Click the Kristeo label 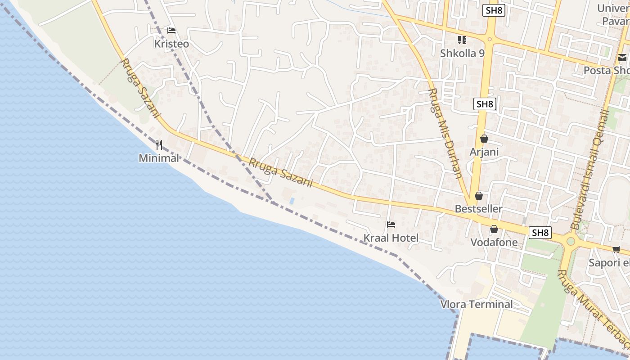pos(171,44)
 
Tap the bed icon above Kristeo pos(171,31)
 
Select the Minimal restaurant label pos(159,158)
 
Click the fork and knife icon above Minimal pos(158,144)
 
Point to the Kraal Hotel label pos(391,238)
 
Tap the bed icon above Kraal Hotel pos(391,225)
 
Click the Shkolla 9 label pos(462,53)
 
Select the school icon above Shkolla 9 pos(462,40)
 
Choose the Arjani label pos(484,152)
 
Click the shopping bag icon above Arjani pos(484,139)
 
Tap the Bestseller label pos(478,209)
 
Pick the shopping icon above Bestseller pos(479,196)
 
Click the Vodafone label pos(494,243)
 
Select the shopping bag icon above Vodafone pos(494,229)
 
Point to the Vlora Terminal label pos(477,304)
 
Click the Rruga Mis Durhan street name pos(444,133)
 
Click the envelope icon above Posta pos(622,58)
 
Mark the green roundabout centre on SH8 pos(571,241)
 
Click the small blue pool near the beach pos(292,200)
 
